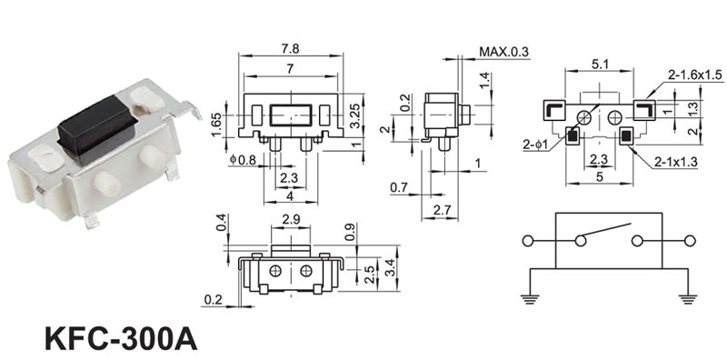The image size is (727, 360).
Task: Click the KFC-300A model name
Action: click(121, 339)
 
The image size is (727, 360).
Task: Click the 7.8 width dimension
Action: click(290, 48)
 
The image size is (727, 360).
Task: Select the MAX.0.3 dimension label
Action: click(504, 51)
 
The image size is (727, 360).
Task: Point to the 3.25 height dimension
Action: click(355, 117)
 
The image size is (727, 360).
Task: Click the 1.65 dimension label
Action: click(215, 125)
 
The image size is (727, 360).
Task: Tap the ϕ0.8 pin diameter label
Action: click(243, 160)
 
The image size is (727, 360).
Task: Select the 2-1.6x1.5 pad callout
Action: click(695, 75)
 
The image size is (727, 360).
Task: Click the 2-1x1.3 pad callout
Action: click(676, 162)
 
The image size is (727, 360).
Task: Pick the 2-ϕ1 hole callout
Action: click(535, 145)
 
